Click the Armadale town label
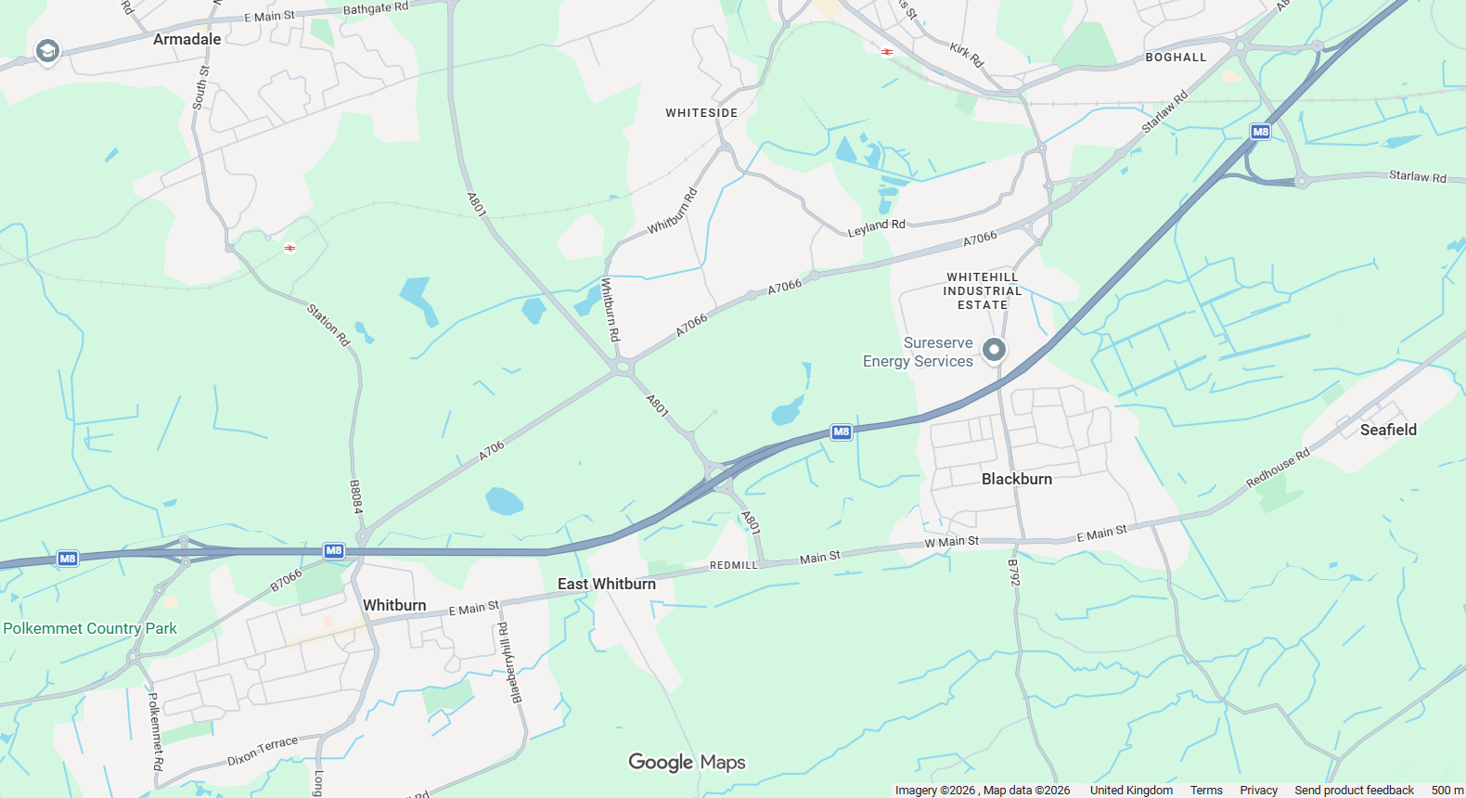pos(186,39)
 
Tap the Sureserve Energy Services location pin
pos(994,350)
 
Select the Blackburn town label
pos(1017,479)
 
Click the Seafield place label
pos(1388,430)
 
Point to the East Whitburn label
pos(607,584)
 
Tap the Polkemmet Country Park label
pos(90,628)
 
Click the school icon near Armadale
pos(47,51)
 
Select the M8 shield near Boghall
pos(1260,132)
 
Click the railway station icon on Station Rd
pos(290,248)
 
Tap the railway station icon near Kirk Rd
pos(887,52)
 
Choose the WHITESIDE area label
pos(701,113)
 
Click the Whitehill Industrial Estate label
pos(983,290)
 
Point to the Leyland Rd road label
pos(876,227)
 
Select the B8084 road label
pos(355,497)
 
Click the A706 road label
pos(492,451)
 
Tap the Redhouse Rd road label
pos(1278,468)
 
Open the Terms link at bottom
pos(1206,791)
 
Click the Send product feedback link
pos(1354,791)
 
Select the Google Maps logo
pos(687,762)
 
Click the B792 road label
pos(1013,573)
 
